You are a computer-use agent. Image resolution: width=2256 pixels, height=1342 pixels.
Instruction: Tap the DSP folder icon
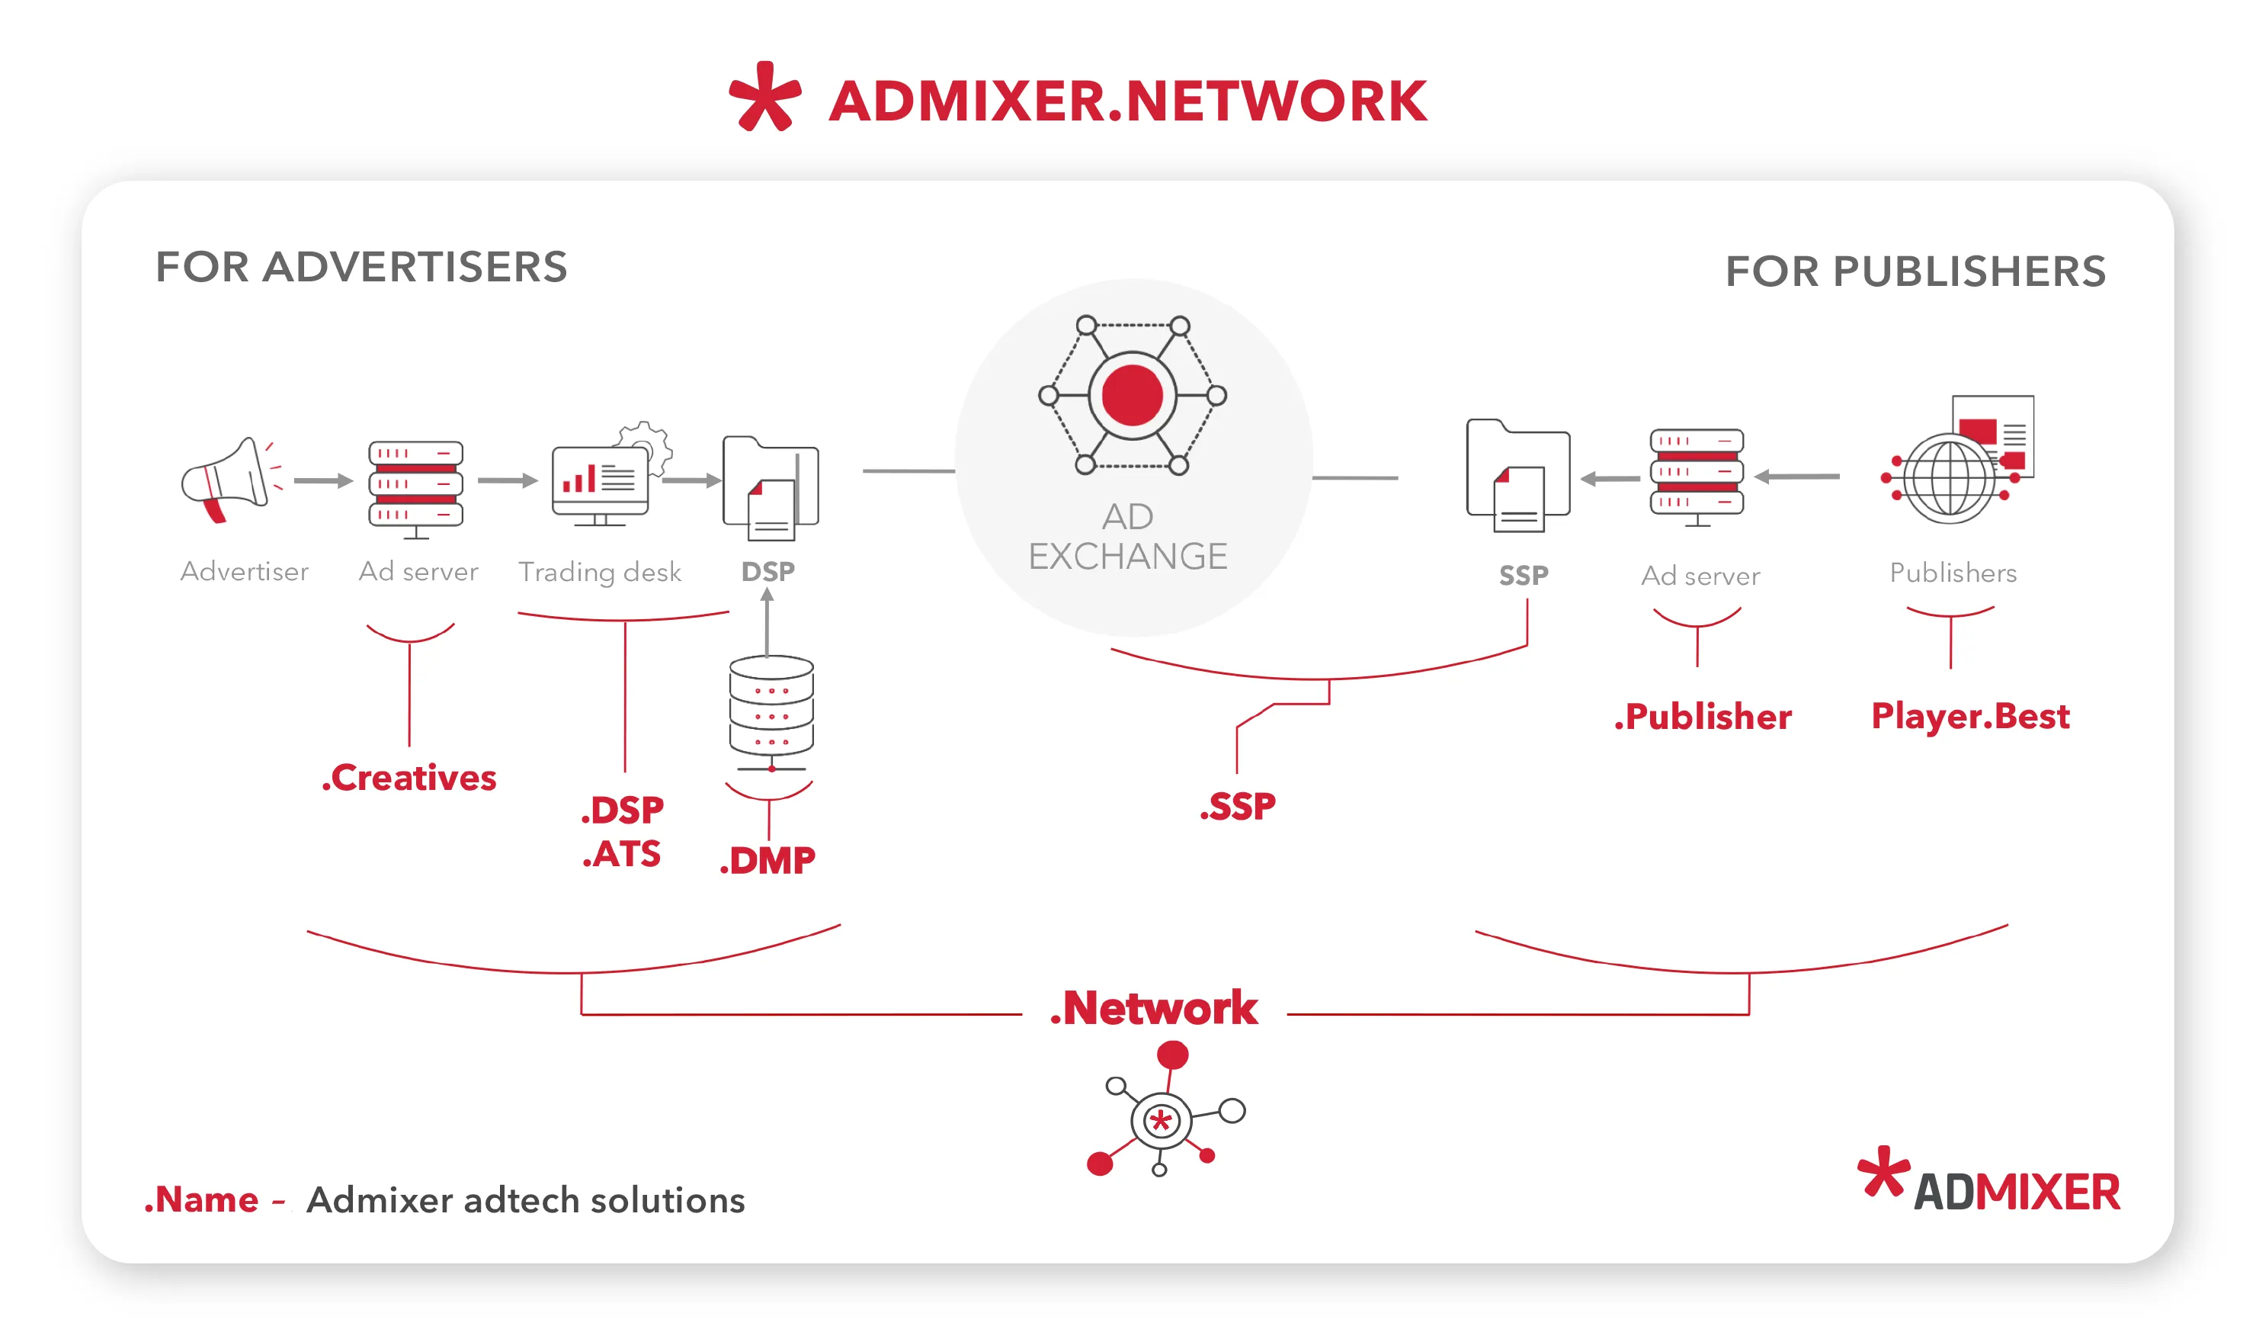tap(771, 487)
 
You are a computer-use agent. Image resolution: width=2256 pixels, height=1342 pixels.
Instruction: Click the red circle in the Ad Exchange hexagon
tap(1132, 395)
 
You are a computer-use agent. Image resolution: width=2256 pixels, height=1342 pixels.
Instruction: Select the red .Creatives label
tap(409, 778)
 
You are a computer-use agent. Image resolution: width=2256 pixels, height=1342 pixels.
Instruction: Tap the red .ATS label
tap(622, 854)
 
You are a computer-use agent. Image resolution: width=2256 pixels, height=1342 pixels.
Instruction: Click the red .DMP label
tap(767, 860)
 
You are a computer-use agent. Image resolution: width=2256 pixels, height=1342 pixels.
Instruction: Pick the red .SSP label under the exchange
tap(1237, 806)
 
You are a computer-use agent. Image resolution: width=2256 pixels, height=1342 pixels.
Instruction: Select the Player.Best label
tap(1969, 715)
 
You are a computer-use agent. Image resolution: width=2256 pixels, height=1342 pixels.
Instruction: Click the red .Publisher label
tap(1702, 716)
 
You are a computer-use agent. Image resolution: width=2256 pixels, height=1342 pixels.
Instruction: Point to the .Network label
tap(1153, 1007)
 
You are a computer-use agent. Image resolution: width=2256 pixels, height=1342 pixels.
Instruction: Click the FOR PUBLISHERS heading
tap(1915, 271)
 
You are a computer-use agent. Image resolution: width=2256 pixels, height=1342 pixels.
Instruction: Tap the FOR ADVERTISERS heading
tap(361, 267)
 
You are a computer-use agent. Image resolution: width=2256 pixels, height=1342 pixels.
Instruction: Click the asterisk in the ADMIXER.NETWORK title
tap(764, 97)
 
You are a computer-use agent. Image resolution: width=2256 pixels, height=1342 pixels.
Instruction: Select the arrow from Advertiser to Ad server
tap(322, 481)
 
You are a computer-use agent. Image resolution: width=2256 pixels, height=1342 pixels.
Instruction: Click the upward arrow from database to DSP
tap(767, 621)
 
